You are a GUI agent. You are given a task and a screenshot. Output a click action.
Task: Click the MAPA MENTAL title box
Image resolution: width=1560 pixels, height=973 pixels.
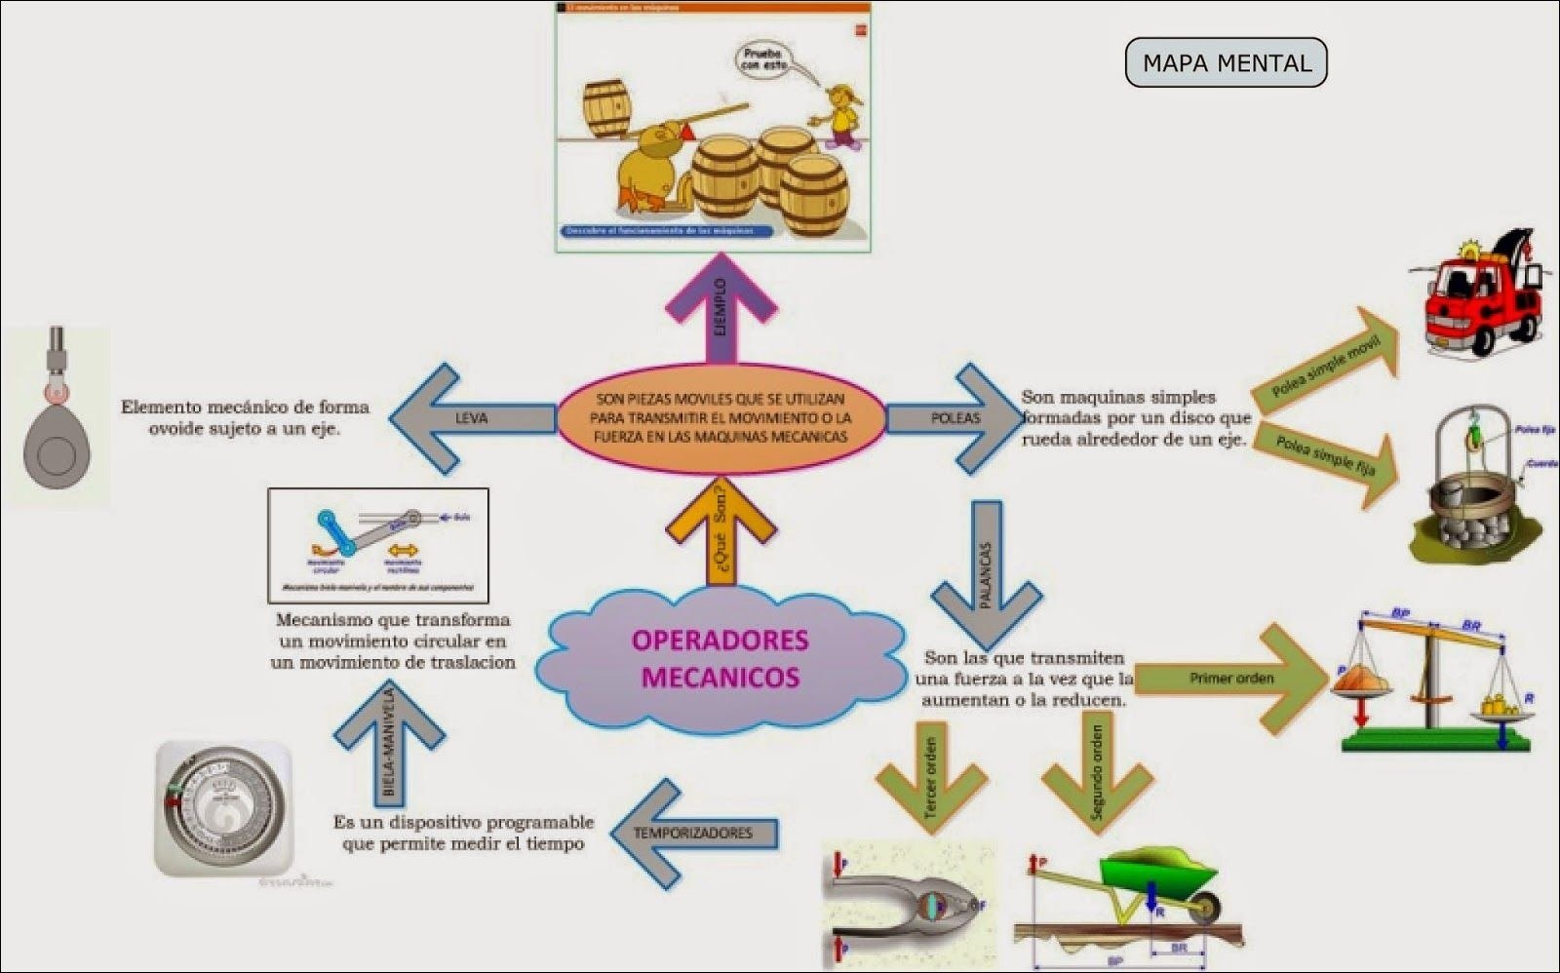(1226, 63)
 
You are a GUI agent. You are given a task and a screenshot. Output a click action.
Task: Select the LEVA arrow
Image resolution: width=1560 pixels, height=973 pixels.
(468, 418)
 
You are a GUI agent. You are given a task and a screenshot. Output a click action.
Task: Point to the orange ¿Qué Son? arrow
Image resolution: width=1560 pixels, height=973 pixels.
(721, 531)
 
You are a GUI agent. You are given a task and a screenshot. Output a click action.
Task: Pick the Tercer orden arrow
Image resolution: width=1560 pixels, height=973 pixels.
(931, 775)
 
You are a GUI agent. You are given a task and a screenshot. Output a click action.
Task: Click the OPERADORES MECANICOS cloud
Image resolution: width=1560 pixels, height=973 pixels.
(720, 658)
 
